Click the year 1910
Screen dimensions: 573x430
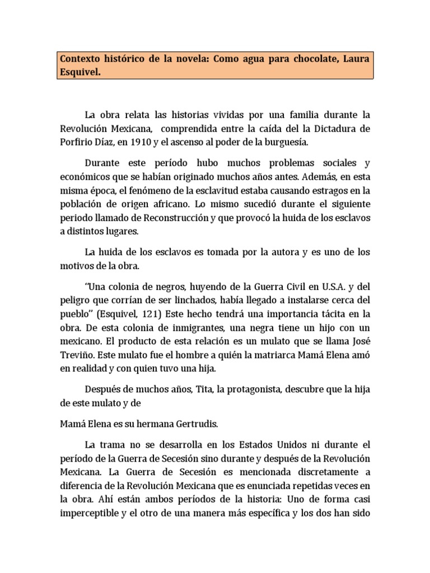point(141,142)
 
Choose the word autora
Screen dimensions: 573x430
point(278,252)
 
